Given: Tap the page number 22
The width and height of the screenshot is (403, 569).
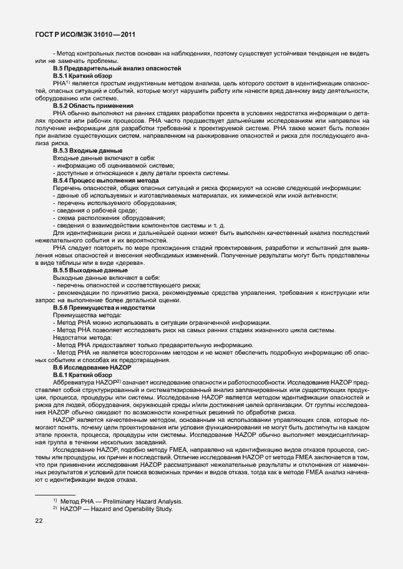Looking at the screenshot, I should (39, 525).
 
